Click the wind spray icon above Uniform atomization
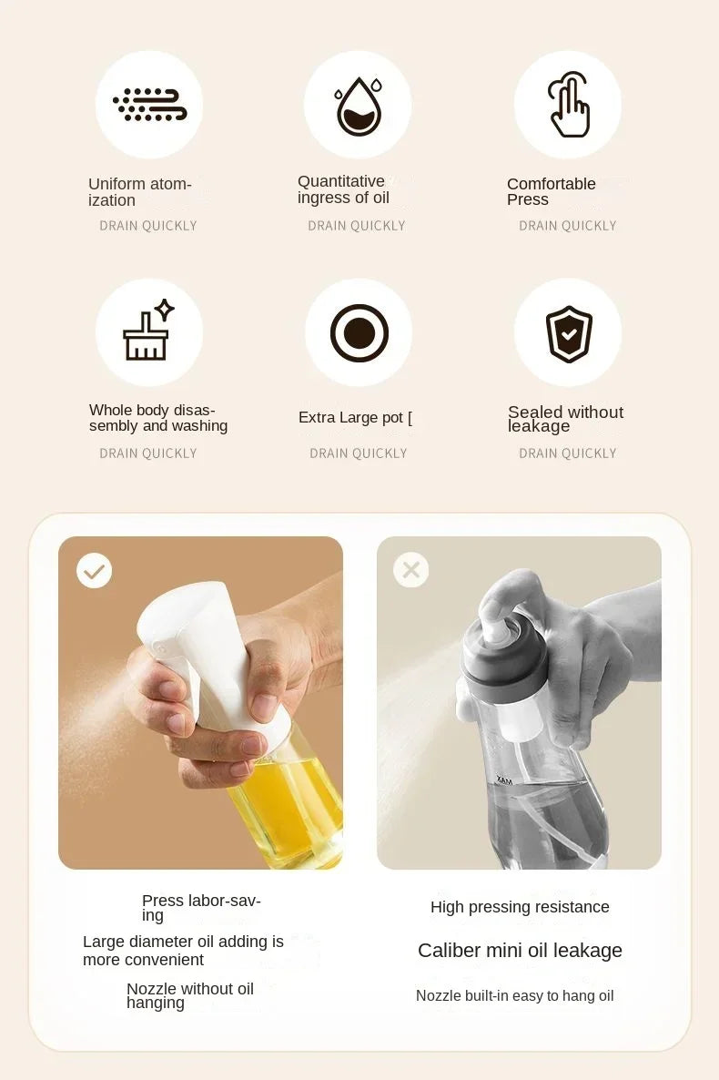pyautogui.click(x=149, y=105)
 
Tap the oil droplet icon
pyautogui.click(x=358, y=106)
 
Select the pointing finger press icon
pyautogui.click(x=569, y=106)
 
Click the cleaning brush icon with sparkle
pyautogui.click(x=148, y=331)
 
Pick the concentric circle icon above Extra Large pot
pyautogui.click(x=359, y=332)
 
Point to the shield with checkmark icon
pyautogui.click(x=569, y=333)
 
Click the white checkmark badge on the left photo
pyautogui.click(x=94, y=571)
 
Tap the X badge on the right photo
pyautogui.click(x=410, y=570)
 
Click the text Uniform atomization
pyautogui.click(x=139, y=192)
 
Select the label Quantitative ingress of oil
pyautogui.click(x=343, y=189)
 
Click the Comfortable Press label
pyautogui.click(x=551, y=191)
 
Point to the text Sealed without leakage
pyautogui.click(x=564, y=419)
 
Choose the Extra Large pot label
pyautogui.click(x=355, y=418)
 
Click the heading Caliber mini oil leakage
pyautogui.click(x=520, y=951)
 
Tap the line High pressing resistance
pyautogui.click(x=520, y=907)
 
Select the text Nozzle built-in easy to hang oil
pyautogui.click(x=514, y=996)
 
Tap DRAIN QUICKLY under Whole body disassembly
pyautogui.click(x=148, y=453)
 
